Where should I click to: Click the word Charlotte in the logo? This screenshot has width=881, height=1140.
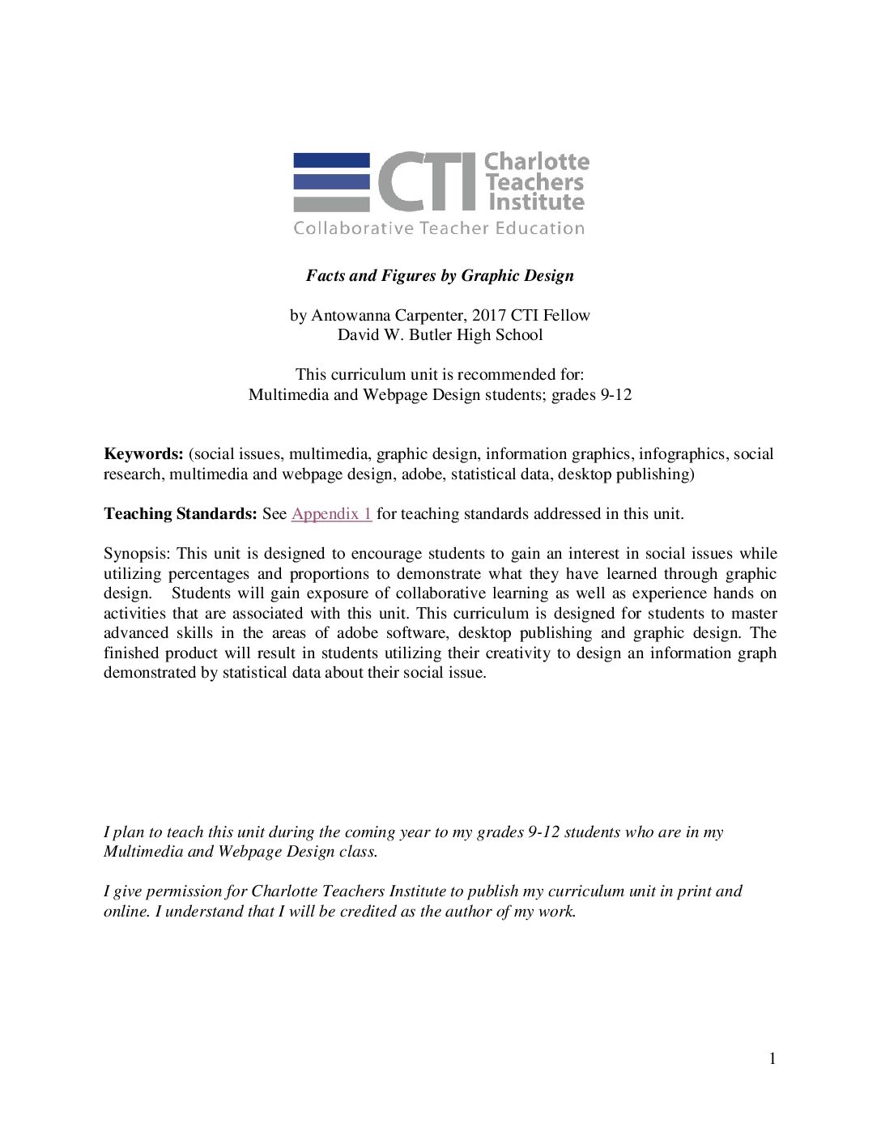[536, 162]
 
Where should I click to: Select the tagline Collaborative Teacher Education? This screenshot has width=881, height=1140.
[438, 228]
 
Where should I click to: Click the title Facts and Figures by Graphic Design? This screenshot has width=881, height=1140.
[439, 275]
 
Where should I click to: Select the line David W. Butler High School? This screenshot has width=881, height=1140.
[439, 334]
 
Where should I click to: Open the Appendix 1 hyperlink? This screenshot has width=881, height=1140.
[331, 513]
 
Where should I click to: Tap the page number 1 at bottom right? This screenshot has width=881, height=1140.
[772, 1059]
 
